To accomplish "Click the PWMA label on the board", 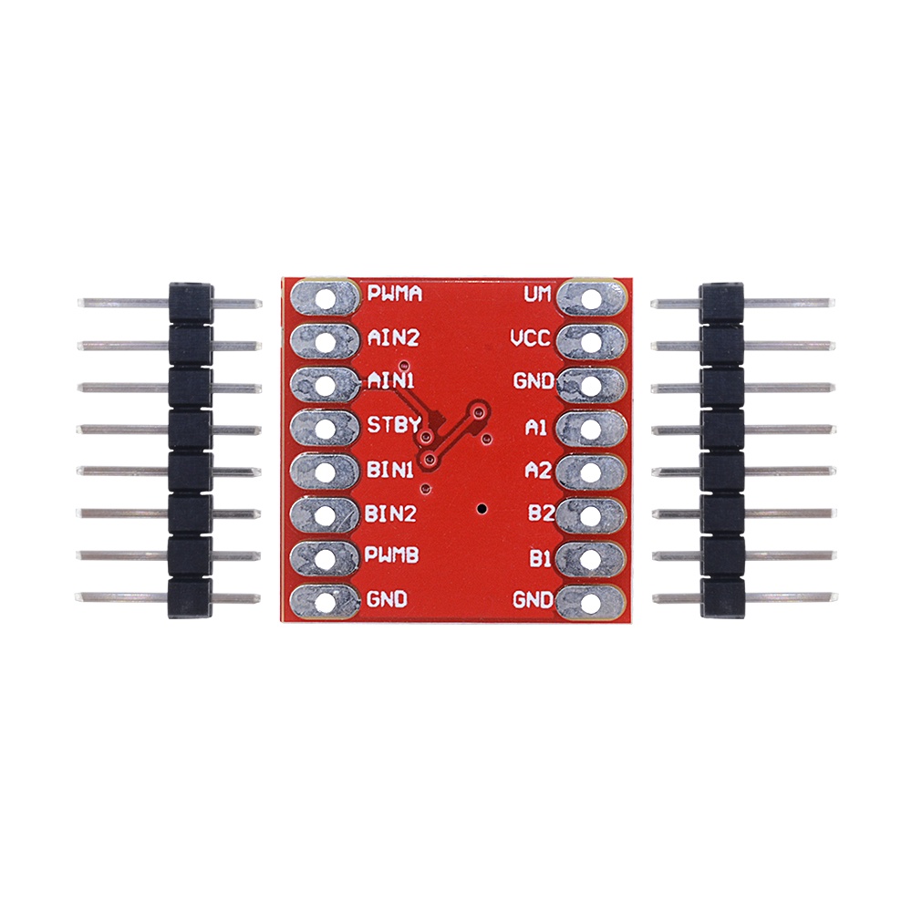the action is point(394,295).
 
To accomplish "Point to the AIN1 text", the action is point(392,381).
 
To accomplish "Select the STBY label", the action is point(392,425).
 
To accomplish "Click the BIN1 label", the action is point(391,470).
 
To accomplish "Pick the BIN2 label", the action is point(392,513).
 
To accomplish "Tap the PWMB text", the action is point(392,555).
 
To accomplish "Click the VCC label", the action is point(530,339).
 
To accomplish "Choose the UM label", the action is point(537,295).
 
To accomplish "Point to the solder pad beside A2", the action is point(592,472).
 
